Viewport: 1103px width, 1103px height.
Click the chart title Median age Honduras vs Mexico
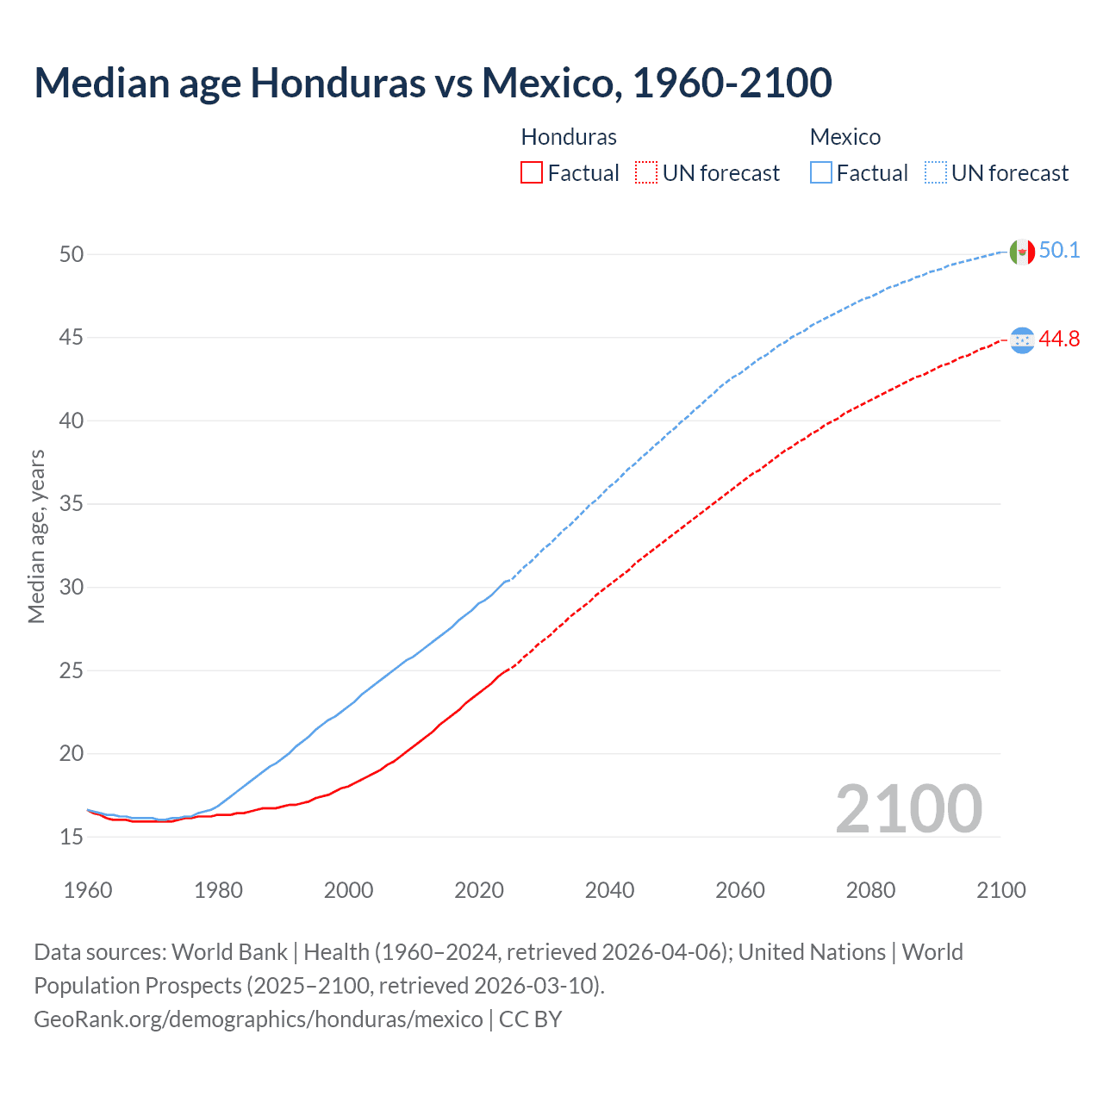433,83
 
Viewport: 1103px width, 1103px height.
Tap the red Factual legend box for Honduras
532,172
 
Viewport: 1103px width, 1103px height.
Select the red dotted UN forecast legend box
646,172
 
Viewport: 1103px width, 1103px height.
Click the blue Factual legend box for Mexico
821,172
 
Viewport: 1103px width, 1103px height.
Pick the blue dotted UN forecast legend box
936,172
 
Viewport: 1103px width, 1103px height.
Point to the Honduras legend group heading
569,137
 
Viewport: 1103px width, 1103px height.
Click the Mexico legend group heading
844,137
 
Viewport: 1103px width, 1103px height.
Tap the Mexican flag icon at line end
1021,252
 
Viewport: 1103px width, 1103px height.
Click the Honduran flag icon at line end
1021,340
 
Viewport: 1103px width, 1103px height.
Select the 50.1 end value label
1059,251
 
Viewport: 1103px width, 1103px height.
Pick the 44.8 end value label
1059,340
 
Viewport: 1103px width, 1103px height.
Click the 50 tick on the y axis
72,254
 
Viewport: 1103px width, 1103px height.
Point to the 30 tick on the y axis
72,587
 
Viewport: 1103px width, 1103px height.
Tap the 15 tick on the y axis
72,837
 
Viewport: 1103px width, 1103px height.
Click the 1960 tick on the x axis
88,890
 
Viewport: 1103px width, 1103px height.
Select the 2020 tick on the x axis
479,890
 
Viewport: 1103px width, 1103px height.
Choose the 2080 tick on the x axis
870,890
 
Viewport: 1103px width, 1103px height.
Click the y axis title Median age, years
36,536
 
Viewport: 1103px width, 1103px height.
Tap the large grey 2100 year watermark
908,808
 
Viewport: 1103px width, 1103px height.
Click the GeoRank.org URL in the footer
259,1019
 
